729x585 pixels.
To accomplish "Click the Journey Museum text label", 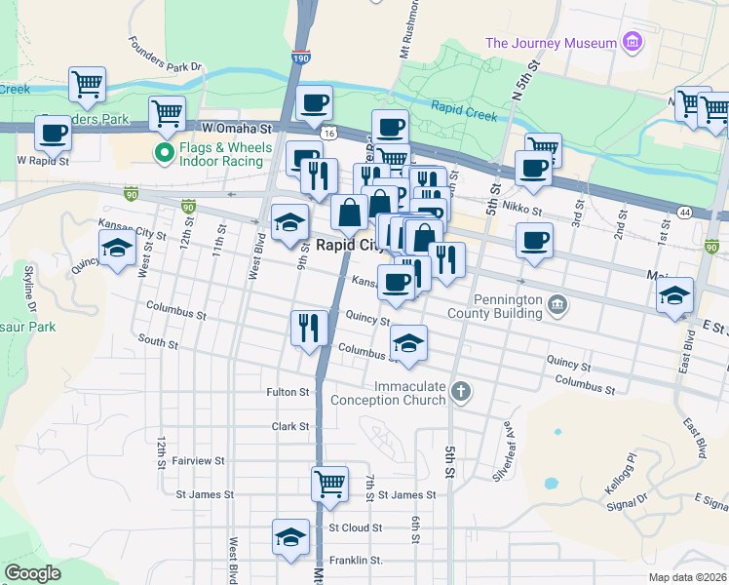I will (551, 43).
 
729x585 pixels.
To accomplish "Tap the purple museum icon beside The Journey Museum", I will (633, 42).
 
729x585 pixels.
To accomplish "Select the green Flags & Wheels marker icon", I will (163, 152).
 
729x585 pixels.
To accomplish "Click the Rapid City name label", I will (349, 246).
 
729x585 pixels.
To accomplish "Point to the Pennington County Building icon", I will (556, 304).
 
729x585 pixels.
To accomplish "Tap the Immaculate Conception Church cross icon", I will (461, 392).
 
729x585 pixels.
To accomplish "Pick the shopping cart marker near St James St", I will (329, 483).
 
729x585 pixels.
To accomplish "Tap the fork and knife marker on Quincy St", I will (309, 327).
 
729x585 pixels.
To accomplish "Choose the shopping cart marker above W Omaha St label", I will (167, 113).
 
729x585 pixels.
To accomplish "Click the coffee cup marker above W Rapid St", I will (53, 133).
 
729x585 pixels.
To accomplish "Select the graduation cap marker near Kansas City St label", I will (117, 249).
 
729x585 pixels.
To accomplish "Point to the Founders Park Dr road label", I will (165, 56).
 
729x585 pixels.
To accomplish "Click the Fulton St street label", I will (288, 392).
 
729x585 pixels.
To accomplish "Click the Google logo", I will (33, 573).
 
